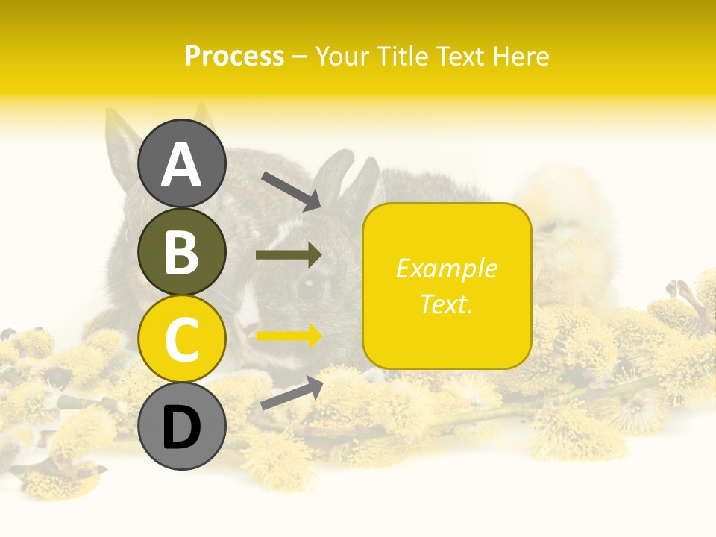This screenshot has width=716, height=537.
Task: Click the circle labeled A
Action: click(x=182, y=163)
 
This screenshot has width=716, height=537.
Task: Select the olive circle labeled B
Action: click(x=182, y=251)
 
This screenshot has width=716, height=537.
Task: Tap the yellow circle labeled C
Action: click(x=182, y=339)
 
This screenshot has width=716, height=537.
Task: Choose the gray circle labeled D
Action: click(x=182, y=427)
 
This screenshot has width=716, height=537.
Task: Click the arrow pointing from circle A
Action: click(x=291, y=191)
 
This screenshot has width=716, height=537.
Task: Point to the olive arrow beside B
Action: click(x=289, y=255)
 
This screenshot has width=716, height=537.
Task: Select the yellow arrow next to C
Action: click(x=289, y=336)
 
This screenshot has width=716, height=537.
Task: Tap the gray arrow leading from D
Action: click(x=292, y=393)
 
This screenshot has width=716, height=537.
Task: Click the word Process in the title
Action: click(x=234, y=57)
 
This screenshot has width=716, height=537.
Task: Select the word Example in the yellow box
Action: click(x=446, y=268)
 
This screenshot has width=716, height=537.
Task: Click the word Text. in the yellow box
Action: click(x=446, y=304)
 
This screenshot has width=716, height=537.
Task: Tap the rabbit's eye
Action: click(x=309, y=287)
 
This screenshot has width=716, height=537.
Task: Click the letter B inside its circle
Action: click(x=182, y=251)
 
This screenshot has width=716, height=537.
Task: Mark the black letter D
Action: click(x=182, y=427)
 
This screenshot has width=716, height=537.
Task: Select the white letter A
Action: click(x=182, y=165)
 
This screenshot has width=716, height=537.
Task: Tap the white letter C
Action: click(x=182, y=339)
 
